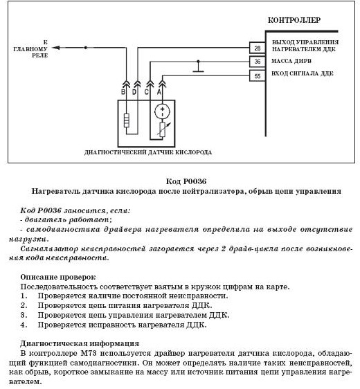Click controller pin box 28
tap(258, 48)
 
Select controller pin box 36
tap(258, 62)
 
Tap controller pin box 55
tap(258, 75)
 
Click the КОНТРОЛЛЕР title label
tap(294, 20)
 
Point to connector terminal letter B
tap(123, 92)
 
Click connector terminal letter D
tap(134, 92)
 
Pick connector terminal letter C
tap(146, 92)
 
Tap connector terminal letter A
tap(159, 92)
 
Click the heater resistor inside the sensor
tap(127, 120)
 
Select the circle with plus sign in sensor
tap(162, 111)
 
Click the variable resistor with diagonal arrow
tap(163, 129)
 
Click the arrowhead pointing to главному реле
tap(56, 47)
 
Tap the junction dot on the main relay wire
tap(86, 47)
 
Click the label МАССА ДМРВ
tap(291, 61)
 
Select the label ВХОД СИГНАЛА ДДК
tap(303, 73)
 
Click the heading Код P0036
tap(186, 181)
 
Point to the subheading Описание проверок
tap(58, 277)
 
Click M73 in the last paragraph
tap(89, 353)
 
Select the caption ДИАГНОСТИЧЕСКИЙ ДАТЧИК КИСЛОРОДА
tap(148, 152)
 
